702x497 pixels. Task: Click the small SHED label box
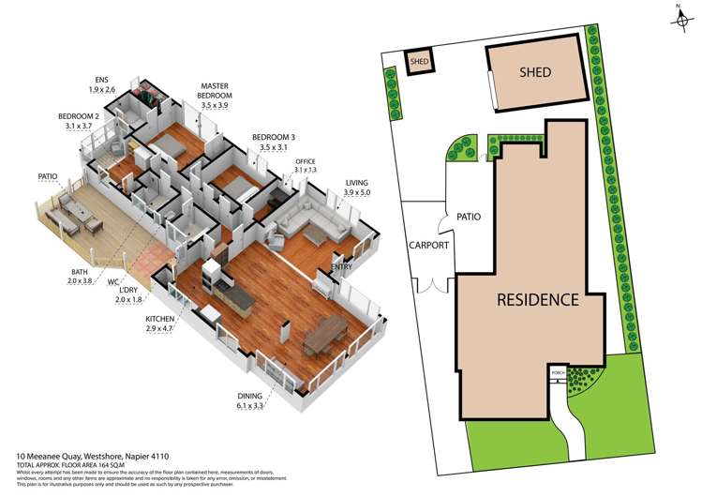point(418,62)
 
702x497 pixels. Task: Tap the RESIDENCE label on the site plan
point(537,300)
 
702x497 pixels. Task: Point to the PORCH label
point(558,372)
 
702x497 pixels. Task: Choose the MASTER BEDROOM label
point(214,96)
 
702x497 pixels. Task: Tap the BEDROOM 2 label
point(78,120)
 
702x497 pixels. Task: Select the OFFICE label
point(306,165)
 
